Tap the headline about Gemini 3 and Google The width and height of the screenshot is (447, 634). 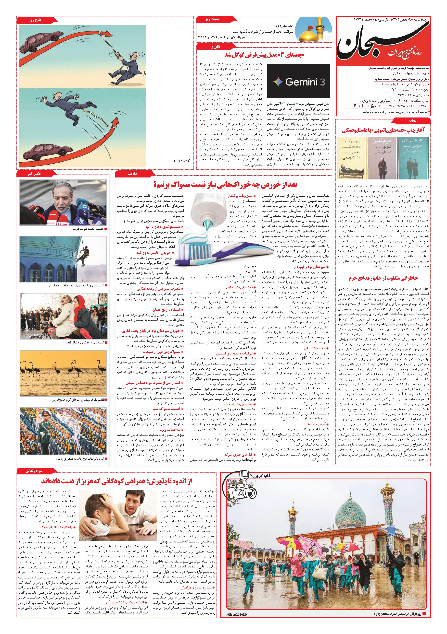[264, 55]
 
